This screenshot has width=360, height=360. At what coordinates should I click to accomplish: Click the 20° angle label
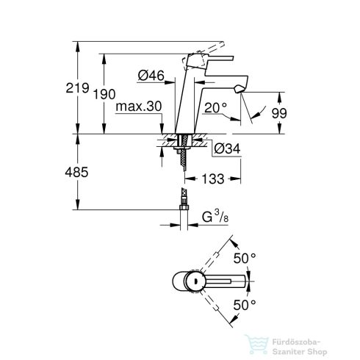point(222,107)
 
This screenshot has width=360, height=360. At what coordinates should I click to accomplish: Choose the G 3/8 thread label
point(218,217)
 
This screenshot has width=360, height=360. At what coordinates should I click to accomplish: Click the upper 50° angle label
point(245,259)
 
